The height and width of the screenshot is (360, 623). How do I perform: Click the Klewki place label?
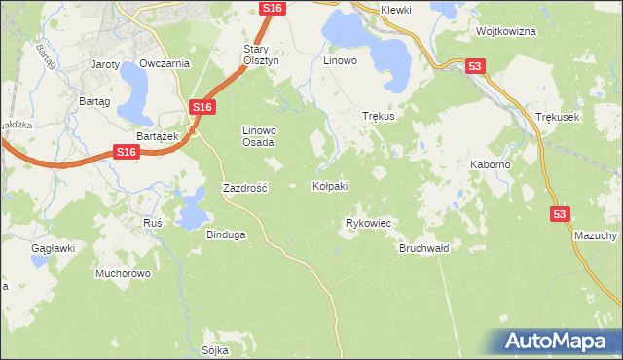(x=397, y=10)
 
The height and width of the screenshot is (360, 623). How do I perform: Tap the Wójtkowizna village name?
(x=506, y=31)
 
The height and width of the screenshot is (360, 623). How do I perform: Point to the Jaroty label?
(x=104, y=64)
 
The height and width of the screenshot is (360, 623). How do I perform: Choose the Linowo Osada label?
(x=259, y=135)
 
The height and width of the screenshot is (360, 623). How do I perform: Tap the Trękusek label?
(x=558, y=117)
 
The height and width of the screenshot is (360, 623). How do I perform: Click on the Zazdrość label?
(x=245, y=187)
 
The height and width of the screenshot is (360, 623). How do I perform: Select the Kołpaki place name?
(x=330, y=186)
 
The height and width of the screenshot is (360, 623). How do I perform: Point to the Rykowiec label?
(x=368, y=223)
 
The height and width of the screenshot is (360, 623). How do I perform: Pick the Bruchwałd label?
(x=423, y=248)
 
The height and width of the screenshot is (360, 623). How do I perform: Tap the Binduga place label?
(x=226, y=234)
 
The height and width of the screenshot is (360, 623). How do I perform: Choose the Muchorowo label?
(x=123, y=273)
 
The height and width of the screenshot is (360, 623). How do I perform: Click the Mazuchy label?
(x=596, y=236)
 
